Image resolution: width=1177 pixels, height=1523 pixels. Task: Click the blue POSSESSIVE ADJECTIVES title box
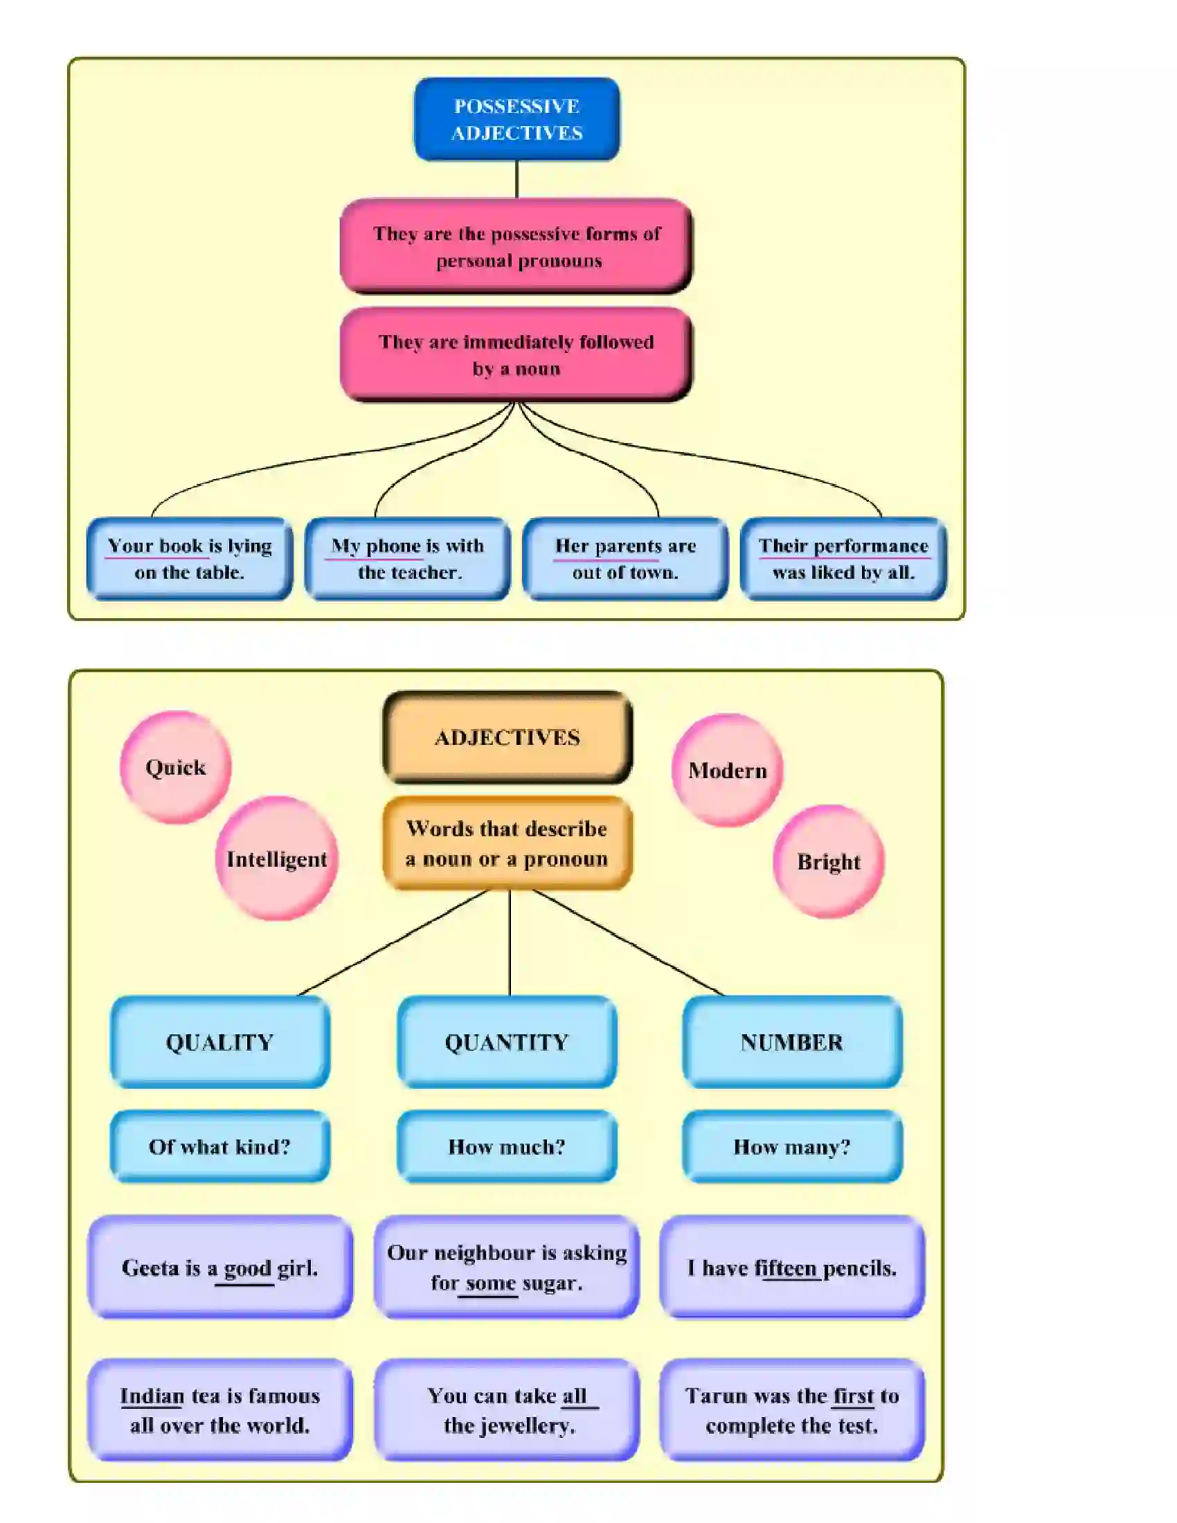(516, 119)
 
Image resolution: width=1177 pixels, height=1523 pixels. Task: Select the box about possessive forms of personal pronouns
(516, 246)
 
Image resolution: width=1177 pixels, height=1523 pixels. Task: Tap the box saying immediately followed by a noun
(516, 354)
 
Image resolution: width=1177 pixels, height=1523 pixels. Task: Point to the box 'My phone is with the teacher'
(407, 559)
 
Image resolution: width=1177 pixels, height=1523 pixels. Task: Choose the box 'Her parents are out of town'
(625, 559)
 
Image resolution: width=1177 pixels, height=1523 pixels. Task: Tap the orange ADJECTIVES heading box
(507, 737)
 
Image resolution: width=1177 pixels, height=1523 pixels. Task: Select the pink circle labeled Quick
(175, 767)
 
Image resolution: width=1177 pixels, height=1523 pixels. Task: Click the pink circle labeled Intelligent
(276, 858)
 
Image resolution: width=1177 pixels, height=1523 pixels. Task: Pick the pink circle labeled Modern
(726, 770)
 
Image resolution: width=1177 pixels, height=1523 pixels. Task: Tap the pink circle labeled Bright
(828, 862)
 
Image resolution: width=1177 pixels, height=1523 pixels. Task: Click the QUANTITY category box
(507, 1042)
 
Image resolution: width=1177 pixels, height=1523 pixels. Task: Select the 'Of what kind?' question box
(219, 1146)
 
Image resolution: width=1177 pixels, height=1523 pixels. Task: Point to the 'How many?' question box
(791, 1146)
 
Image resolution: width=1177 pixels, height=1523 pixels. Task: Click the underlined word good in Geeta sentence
(247, 1268)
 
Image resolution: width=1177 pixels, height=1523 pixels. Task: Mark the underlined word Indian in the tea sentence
(152, 1396)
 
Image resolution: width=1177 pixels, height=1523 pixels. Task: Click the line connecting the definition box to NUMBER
(627, 942)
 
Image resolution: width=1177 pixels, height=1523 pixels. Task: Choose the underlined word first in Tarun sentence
(853, 1396)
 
